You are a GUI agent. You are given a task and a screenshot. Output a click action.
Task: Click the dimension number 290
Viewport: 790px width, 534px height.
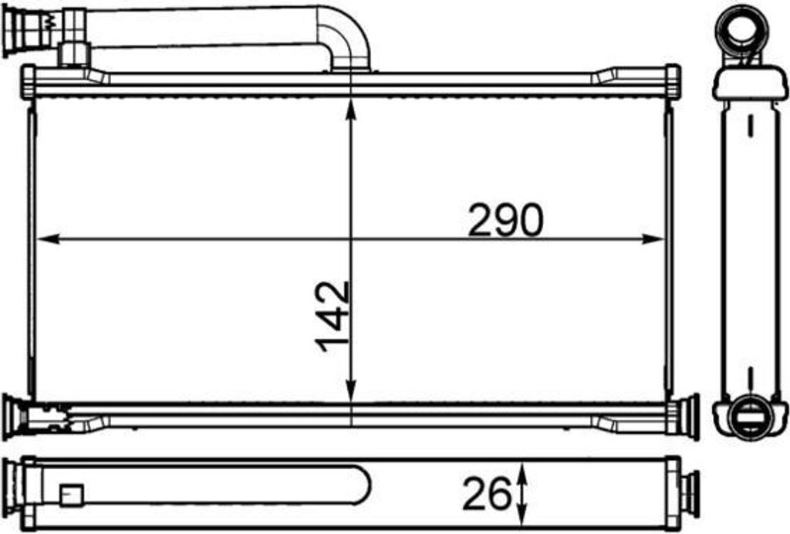pos(506,220)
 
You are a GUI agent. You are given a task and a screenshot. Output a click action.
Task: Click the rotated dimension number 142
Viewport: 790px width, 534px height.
pos(333,316)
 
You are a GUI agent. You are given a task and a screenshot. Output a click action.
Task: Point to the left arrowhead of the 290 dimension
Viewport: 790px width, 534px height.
pos(48,238)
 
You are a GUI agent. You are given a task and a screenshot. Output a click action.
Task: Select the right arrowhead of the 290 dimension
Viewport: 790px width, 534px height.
pos(653,238)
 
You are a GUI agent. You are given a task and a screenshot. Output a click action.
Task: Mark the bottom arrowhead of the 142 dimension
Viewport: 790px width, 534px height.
pos(351,390)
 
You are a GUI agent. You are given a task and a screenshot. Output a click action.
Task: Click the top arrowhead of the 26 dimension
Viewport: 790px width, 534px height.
pos(522,474)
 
